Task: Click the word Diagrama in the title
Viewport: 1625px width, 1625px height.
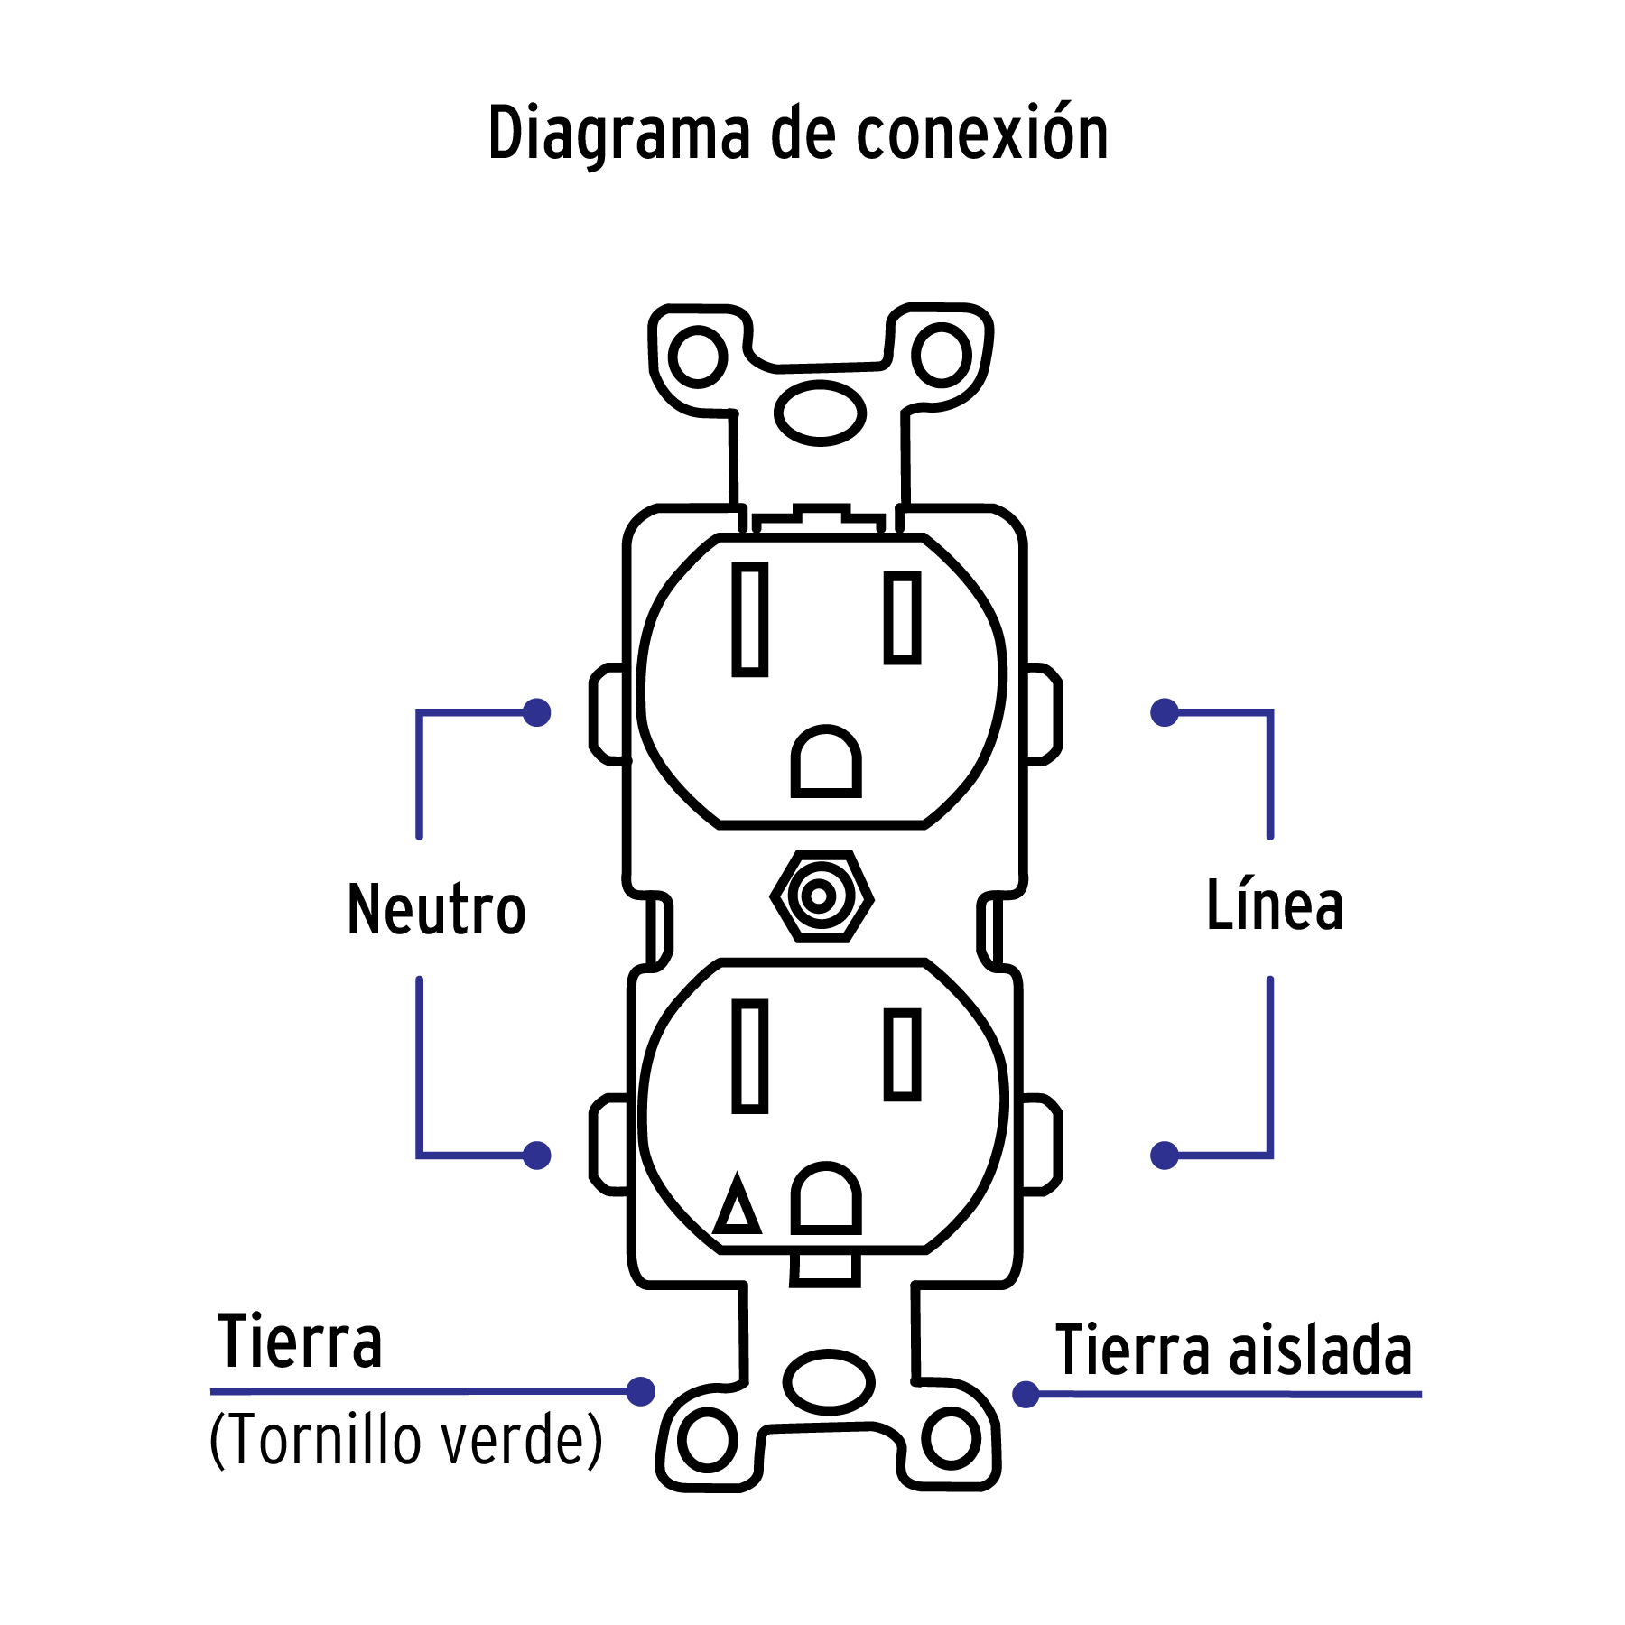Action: pos(618,134)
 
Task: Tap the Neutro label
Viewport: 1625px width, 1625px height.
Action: pos(436,909)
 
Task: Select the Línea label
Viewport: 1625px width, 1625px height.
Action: pos(1275,905)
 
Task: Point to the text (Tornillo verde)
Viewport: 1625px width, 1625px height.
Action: pos(405,1440)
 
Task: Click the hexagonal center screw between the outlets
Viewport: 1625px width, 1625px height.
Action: pos(821,896)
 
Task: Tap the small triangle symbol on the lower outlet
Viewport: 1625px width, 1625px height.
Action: pos(738,1206)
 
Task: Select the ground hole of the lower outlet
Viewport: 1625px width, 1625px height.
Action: pos(826,1200)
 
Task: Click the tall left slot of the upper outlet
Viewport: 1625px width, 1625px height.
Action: pos(749,619)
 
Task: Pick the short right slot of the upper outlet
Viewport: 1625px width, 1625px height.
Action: pos(902,617)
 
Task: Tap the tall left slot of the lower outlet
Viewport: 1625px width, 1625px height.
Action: pos(749,1055)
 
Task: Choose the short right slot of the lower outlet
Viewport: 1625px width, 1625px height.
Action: pos(902,1054)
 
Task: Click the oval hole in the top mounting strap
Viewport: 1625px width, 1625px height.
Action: pos(820,413)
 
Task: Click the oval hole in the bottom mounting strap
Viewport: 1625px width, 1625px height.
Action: pos(828,1382)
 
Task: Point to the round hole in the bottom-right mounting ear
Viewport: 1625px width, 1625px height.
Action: pos(951,1437)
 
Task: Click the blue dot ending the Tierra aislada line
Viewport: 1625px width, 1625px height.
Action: pos(1026,1395)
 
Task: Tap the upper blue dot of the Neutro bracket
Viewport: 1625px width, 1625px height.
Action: pos(537,712)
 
